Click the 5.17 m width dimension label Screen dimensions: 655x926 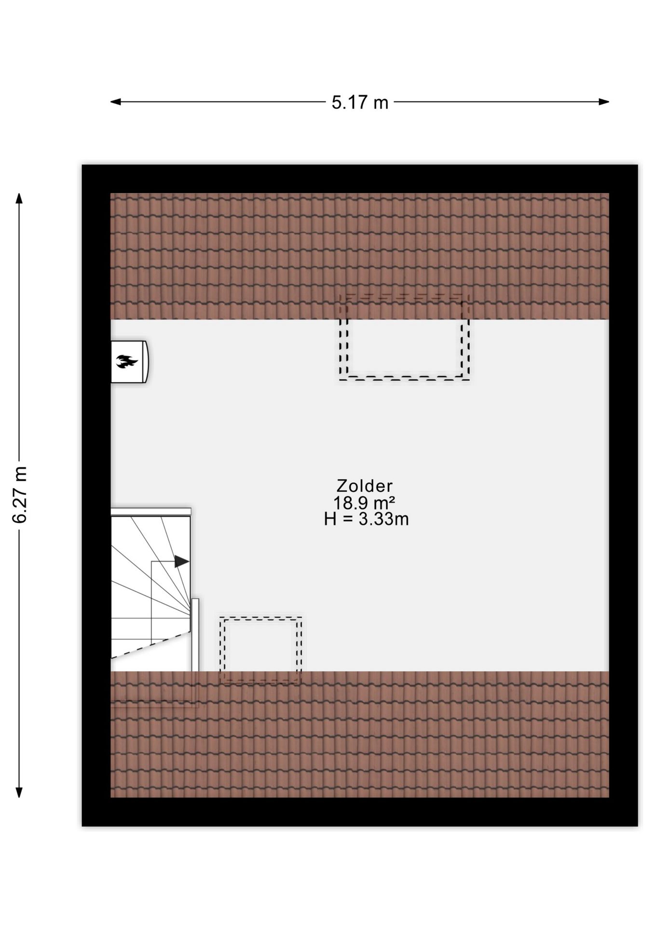(x=360, y=102)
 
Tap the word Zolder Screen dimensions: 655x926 (x=365, y=486)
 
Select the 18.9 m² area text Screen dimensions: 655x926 (x=365, y=503)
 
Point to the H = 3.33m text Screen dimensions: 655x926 (x=366, y=519)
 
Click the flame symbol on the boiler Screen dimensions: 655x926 (x=127, y=361)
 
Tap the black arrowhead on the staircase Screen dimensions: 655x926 (x=181, y=561)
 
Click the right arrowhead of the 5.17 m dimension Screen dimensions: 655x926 (x=604, y=102)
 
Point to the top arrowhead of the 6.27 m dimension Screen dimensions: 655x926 (x=19, y=199)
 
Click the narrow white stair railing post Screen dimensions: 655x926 (x=195, y=635)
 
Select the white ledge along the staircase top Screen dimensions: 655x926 (x=151, y=511)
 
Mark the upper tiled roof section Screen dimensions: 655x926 (x=360, y=256)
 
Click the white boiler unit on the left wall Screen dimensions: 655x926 (x=129, y=362)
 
